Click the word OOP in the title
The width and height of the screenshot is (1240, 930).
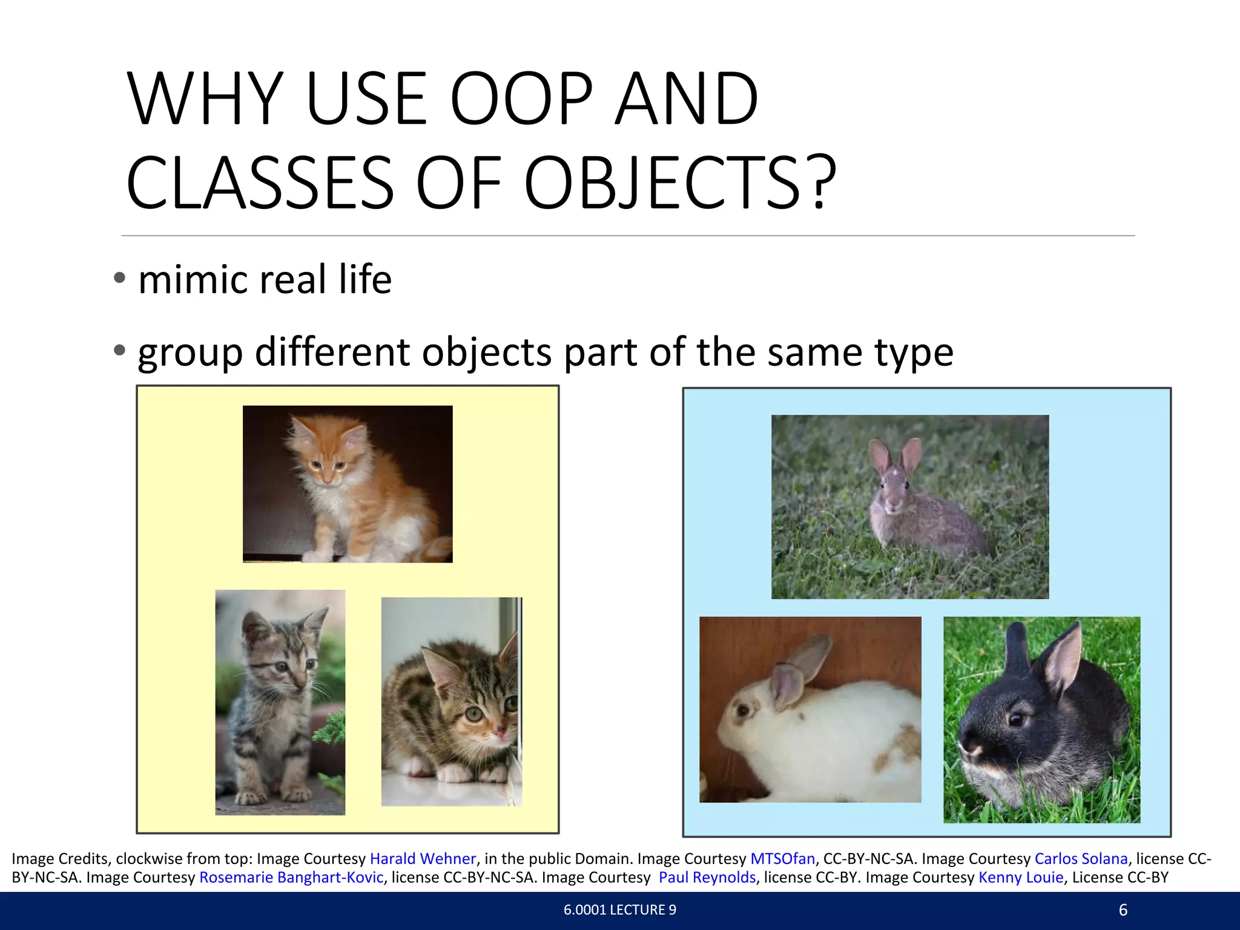click(x=521, y=99)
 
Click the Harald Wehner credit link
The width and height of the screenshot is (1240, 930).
click(x=423, y=859)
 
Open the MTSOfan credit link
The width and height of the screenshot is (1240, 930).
click(x=782, y=859)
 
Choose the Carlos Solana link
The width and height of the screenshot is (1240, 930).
click(x=1081, y=859)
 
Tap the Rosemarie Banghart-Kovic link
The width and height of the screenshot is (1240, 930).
click(x=291, y=877)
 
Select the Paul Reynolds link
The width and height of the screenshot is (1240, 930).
click(x=707, y=877)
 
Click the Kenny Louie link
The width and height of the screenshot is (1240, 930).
click(x=1021, y=877)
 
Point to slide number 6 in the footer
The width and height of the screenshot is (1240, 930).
click(x=1123, y=910)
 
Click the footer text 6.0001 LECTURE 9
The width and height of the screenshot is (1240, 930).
click(x=619, y=910)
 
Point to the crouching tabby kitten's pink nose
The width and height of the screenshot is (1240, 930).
click(x=499, y=733)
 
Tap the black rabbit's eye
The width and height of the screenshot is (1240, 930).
click(x=1015, y=719)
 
